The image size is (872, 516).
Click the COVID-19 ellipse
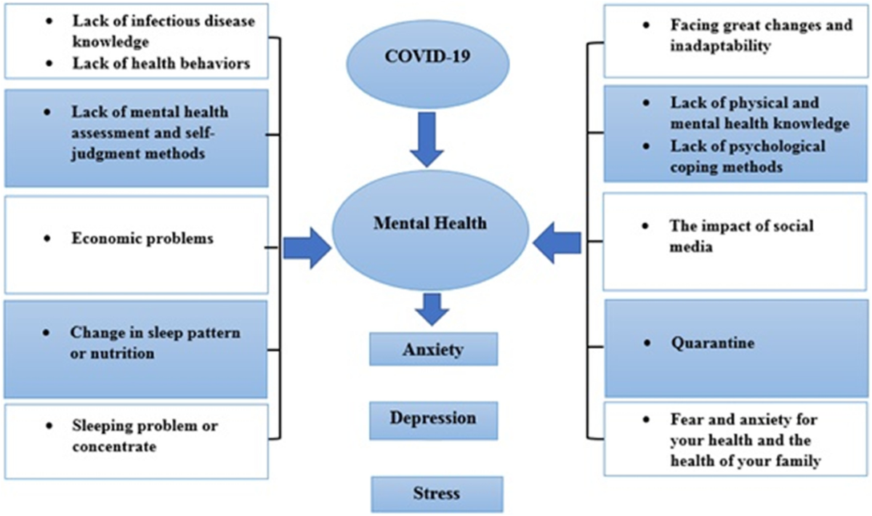(428, 64)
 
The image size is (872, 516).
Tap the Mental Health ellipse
(430, 230)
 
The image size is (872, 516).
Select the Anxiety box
(433, 349)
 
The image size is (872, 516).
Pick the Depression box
(433, 421)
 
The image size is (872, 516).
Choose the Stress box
(437, 494)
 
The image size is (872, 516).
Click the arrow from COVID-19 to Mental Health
(427, 140)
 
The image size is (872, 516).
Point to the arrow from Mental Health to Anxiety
(432, 310)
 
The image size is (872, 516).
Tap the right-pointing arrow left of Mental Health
(307, 249)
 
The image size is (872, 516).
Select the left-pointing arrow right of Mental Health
(557, 243)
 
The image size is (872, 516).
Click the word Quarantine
(712, 343)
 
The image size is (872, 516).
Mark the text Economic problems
(142, 238)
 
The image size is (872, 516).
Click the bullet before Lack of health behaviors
(49, 63)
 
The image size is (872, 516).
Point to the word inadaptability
(720, 46)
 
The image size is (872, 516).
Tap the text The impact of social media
(742, 236)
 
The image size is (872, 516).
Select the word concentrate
(114, 446)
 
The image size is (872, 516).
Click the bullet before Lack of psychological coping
(647, 146)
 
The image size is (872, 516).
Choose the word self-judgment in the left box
(143, 143)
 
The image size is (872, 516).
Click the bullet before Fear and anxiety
(647, 419)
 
